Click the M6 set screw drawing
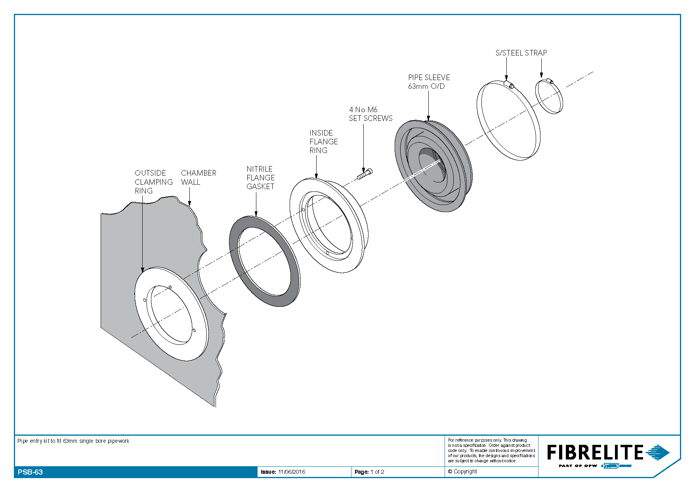[365, 174]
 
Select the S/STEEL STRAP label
[521, 53]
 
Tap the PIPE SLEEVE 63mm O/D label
[429, 82]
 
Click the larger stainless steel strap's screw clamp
[510, 84]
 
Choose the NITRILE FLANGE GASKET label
[260, 178]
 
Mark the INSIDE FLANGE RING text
[324, 142]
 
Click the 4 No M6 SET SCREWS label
[370, 114]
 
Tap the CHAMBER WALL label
[199, 178]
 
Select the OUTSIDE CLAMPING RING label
[154, 182]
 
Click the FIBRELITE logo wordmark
[595, 452]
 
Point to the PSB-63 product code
[30, 472]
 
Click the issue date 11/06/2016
[292, 472]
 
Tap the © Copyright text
[462, 471]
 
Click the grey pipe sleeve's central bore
[432, 167]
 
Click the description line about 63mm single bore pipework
[73, 441]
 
